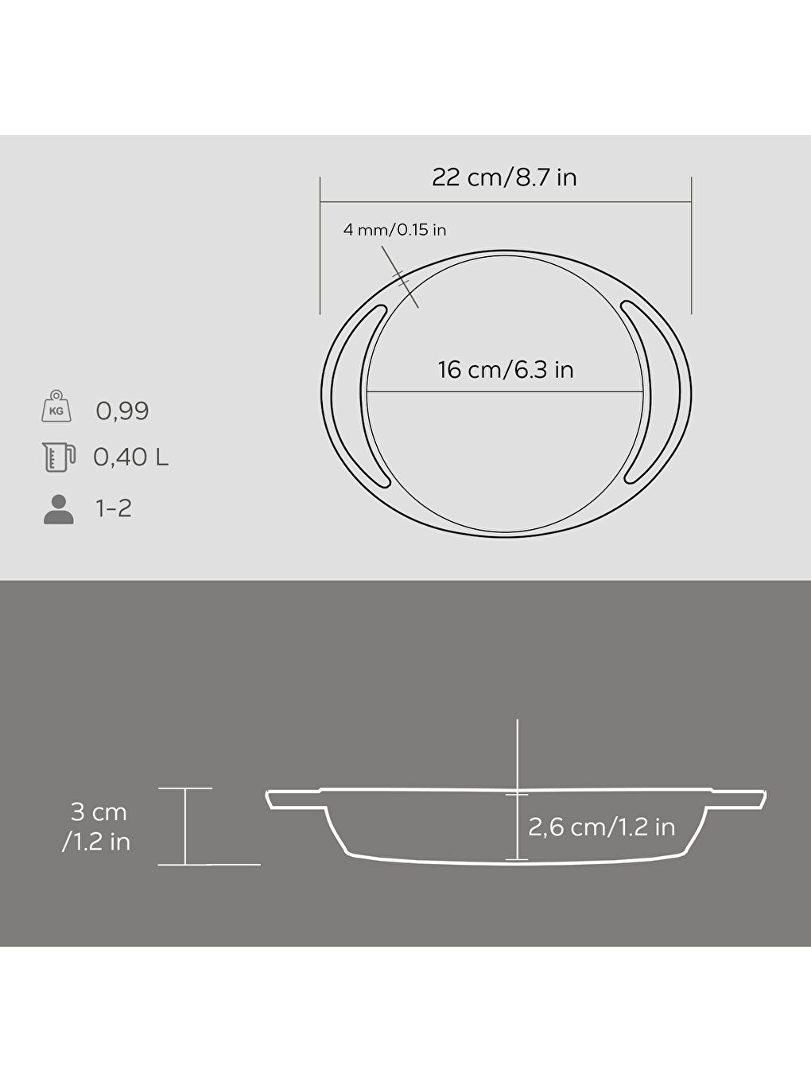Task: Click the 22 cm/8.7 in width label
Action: (x=504, y=177)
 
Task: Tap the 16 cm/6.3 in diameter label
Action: (x=506, y=370)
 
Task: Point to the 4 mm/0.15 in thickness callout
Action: (x=394, y=230)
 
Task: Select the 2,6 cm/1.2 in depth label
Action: (x=601, y=827)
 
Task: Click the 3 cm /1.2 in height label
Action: (x=97, y=827)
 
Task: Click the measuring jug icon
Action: (x=58, y=457)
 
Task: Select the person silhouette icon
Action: (x=58, y=509)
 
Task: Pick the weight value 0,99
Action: (x=122, y=411)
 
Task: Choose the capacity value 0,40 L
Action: (x=131, y=457)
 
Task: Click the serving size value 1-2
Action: (x=114, y=508)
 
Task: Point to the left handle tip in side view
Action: (x=273, y=800)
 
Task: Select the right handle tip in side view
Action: (x=759, y=800)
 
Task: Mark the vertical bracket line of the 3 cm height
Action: (x=185, y=826)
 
